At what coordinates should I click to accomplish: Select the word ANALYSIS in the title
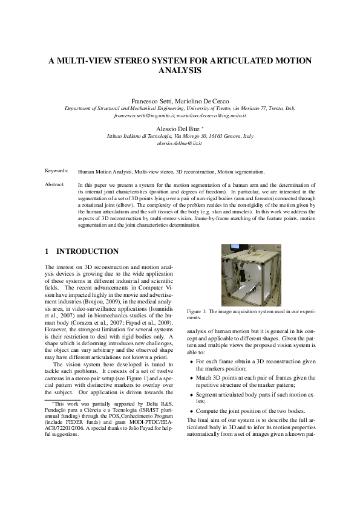coord(180,71)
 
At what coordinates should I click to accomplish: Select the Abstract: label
coord(56,184)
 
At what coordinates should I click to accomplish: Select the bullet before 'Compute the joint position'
coord(192,410)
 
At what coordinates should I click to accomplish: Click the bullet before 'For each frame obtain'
coord(192,361)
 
